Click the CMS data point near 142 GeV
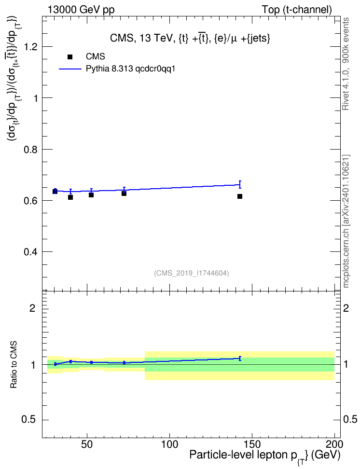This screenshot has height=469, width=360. pyautogui.click(x=240, y=196)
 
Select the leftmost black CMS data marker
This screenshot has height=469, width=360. pyautogui.click(x=55, y=192)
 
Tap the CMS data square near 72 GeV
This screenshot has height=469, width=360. pyautogui.click(x=124, y=193)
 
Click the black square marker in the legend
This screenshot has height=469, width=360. pyautogui.click(x=70, y=57)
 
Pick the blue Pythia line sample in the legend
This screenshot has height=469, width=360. pyautogui.click(x=70, y=69)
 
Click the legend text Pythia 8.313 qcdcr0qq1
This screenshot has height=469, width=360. pyautogui.click(x=130, y=69)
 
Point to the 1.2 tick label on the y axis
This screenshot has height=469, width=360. pyautogui.click(x=31, y=47)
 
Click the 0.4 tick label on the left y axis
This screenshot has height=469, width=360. pyautogui.click(x=31, y=252)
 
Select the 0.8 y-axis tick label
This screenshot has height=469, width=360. pyautogui.click(x=31, y=149)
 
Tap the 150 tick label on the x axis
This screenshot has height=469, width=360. pyautogui.click(x=252, y=444)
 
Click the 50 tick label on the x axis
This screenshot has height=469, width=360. pyautogui.click(x=87, y=444)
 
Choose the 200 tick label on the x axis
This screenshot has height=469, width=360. pyautogui.click(x=334, y=444)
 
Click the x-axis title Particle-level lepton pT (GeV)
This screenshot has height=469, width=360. pyautogui.click(x=265, y=456)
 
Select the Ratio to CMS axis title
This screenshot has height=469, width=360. pyautogui.click(x=14, y=365)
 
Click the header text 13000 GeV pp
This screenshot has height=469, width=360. pyautogui.click(x=81, y=10)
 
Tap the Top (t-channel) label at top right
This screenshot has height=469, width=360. pyautogui.click(x=297, y=10)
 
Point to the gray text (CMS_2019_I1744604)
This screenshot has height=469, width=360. pyautogui.click(x=192, y=273)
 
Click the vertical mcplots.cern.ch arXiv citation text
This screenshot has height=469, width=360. pyautogui.click(x=346, y=221)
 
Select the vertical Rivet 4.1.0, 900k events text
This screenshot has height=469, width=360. pyautogui.click(x=346, y=64)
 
